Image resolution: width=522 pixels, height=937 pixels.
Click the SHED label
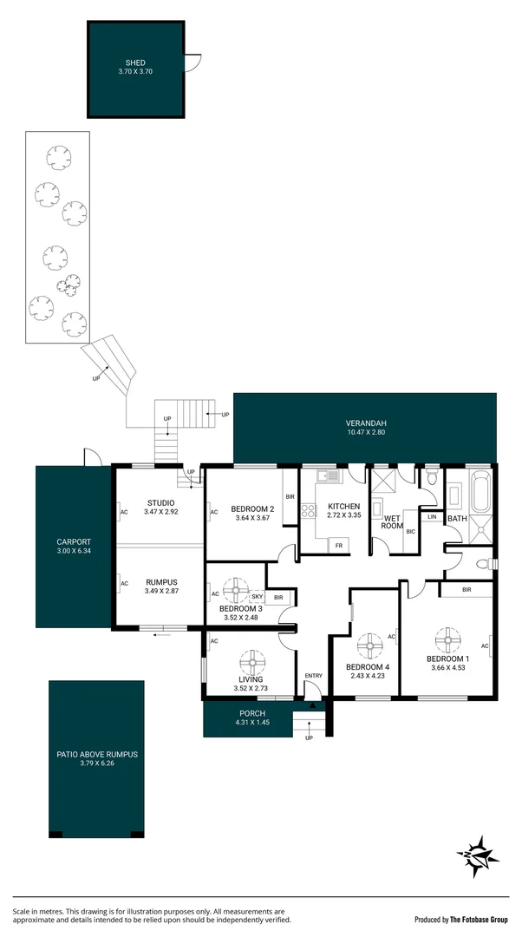(135, 62)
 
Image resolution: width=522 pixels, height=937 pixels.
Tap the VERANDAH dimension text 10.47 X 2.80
(364, 432)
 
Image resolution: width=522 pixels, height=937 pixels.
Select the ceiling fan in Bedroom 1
(448, 641)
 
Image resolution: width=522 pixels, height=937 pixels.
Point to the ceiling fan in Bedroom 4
(369, 645)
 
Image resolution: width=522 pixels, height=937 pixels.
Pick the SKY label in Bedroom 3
(257, 597)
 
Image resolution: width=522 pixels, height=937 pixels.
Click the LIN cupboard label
(431, 517)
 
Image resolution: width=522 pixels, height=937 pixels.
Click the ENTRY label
(313, 676)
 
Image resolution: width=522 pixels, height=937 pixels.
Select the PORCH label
(252, 713)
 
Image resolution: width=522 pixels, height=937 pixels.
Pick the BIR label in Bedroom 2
(290, 497)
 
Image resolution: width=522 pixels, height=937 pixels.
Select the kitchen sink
(326, 475)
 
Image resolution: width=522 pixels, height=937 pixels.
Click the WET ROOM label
(394, 521)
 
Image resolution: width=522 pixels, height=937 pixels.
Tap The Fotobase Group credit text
(465, 919)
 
